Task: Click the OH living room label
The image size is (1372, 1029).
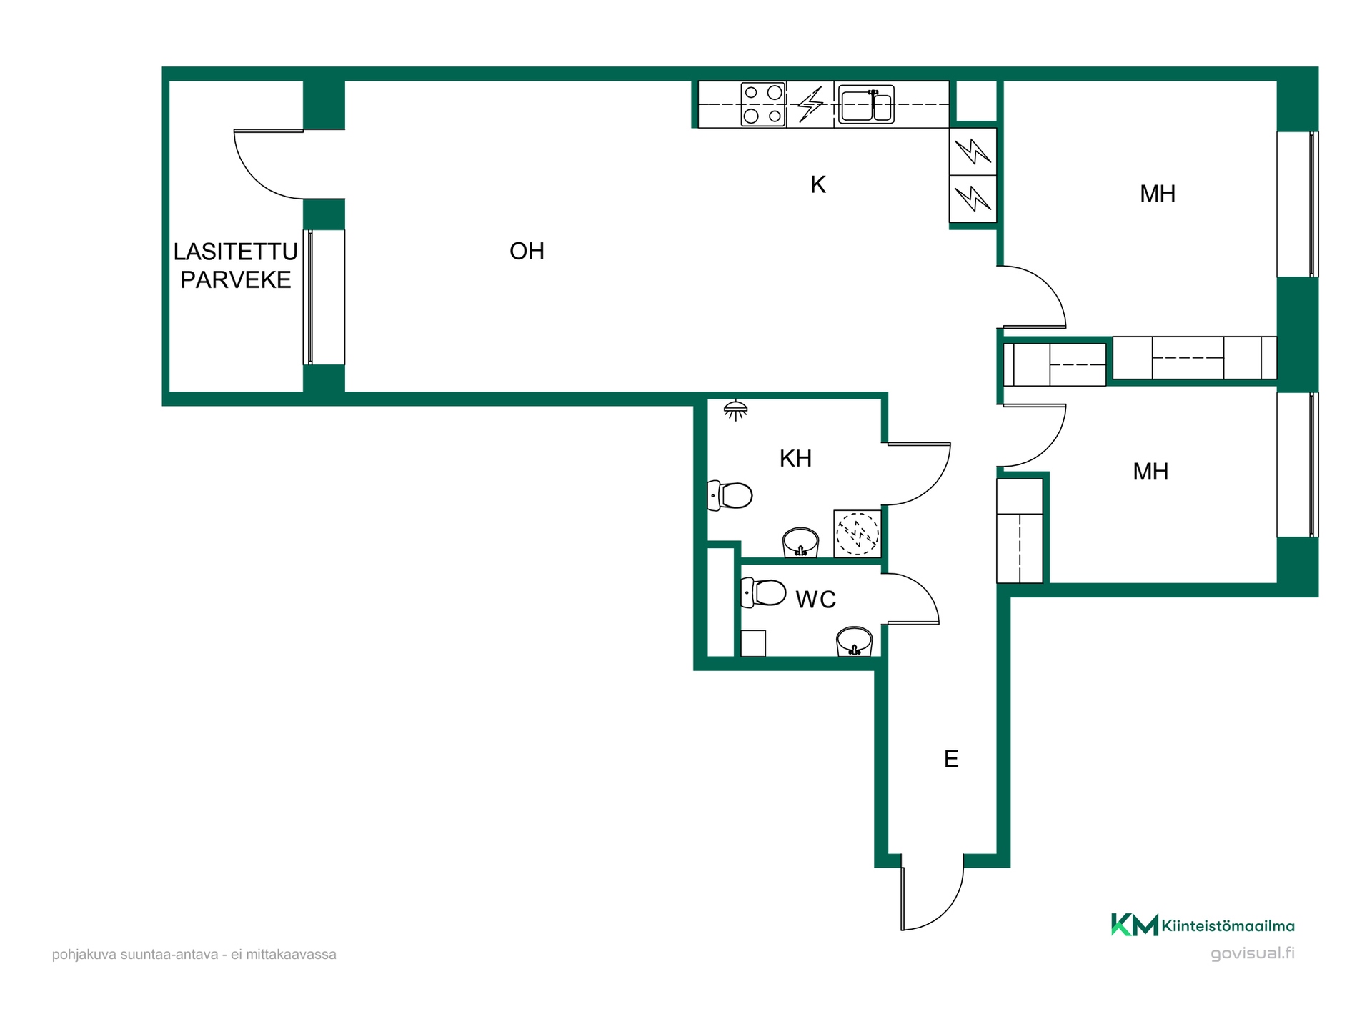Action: click(527, 251)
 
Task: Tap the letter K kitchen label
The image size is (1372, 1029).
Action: click(818, 185)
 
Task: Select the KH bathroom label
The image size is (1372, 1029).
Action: click(795, 458)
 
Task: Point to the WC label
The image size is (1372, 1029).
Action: click(815, 599)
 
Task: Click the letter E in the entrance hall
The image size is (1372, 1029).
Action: click(950, 758)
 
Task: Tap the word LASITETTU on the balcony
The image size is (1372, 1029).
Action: click(235, 252)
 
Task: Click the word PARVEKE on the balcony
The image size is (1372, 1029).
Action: click(235, 279)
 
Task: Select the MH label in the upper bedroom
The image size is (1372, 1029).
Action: click(1158, 193)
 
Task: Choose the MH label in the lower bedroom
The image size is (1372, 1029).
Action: click(1150, 472)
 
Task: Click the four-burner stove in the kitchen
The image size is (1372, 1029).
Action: click(763, 104)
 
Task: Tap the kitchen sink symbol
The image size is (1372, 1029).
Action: click(866, 105)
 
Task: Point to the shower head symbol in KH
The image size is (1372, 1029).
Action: click(735, 410)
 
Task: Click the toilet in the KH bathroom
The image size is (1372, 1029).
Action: click(730, 495)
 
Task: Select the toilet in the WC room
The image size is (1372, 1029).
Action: click(763, 592)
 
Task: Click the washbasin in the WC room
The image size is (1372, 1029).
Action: click(854, 641)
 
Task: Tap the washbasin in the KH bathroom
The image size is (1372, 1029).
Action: click(800, 542)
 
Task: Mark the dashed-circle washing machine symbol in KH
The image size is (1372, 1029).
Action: click(857, 533)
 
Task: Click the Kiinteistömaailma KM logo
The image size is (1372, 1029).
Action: click(1203, 925)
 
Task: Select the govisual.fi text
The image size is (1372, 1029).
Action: click(1253, 953)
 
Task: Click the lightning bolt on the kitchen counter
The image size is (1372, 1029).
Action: click(810, 104)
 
